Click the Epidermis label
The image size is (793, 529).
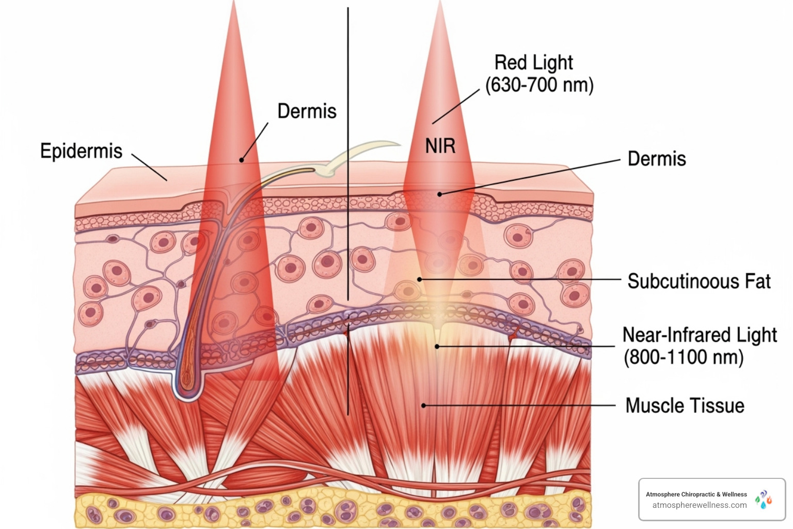click(x=81, y=151)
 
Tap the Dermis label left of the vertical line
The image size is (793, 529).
click(x=307, y=111)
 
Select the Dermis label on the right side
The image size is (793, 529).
click(x=657, y=159)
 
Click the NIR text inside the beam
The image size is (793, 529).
click(x=440, y=146)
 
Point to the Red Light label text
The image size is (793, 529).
click(x=533, y=63)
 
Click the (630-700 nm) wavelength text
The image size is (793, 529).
click(x=540, y=85)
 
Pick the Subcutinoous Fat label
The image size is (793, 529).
click(x=699, y=282)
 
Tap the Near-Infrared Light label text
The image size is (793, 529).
click(x=700, y=335)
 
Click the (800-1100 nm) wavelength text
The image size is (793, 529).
click(x=684, y=357)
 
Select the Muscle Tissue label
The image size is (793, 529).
click(x=685, y=406)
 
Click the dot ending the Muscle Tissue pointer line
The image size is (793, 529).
click(x=424, y=406)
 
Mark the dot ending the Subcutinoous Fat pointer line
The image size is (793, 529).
click(x=420, y=279)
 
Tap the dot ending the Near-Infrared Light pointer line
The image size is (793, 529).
click(x=437, y=346)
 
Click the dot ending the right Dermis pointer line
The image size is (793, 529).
click(x=440, y=194)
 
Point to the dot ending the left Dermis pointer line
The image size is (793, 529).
click(x=241, y=160)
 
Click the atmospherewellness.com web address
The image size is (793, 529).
click(x=699, y=505)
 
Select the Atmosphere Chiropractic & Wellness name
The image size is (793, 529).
click(x=696, y=494)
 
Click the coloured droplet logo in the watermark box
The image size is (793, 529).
click(x=764, y=500)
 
